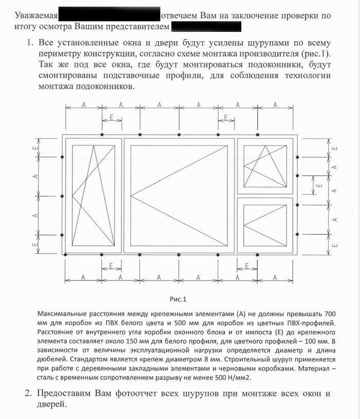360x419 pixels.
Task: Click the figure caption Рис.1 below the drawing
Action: click(x=177, y=299)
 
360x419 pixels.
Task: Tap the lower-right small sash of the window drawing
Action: click(x=265, y=225)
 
